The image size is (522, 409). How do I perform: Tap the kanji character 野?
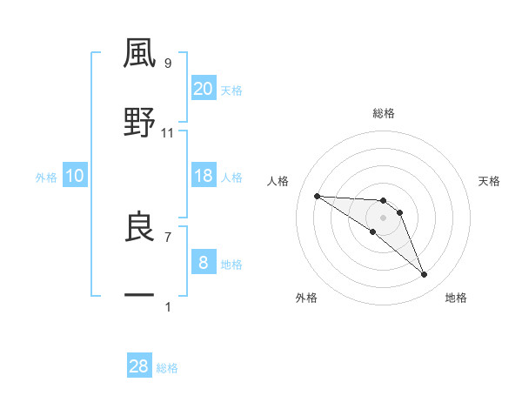point(140,123)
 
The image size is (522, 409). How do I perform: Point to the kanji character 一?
point(140,296)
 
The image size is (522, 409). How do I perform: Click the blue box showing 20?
point(203,88)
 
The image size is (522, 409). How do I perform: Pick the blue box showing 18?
point(203,176)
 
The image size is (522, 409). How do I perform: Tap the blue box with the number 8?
point(203,263)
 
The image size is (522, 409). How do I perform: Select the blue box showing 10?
point(75,176)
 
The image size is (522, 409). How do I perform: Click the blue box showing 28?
point(139,366)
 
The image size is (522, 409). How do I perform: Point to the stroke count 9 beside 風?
point(168,63)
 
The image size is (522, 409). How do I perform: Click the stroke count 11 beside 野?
point(168,133)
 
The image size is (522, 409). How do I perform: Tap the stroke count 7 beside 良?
point(168,237)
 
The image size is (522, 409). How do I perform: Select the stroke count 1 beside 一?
point(168,306)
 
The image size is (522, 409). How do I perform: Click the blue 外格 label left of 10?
point(46,177)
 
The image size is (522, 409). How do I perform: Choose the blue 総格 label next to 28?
point(167,368)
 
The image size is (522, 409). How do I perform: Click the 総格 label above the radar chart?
point(384,113)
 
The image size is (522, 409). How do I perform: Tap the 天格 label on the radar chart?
point(490,181)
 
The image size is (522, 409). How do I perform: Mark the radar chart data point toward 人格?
point(318,196)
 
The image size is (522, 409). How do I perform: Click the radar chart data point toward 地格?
point(425,275)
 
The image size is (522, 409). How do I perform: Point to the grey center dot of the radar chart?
point(384,217)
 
